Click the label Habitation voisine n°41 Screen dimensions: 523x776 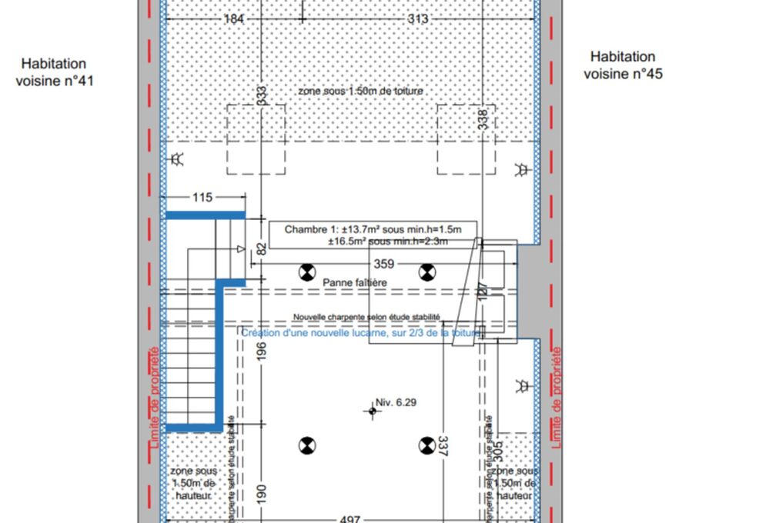(54, 72)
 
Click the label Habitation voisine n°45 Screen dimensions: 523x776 (623, 65)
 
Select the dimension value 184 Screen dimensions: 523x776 (235, 18)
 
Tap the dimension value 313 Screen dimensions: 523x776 (416, 18)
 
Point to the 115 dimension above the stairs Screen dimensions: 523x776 (202, 198)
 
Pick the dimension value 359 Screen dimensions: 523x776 (383, 264)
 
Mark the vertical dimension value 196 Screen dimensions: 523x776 (262, 351)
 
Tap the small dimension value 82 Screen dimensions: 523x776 (262, 248)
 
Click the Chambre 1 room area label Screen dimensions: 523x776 (373, 235)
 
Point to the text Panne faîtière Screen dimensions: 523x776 (354, 283)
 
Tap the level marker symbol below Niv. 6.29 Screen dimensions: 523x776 (373, 411)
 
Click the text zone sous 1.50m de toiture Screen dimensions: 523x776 (360, 91)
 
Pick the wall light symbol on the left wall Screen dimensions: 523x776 (177, 160)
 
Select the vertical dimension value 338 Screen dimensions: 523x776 (483, 119)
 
